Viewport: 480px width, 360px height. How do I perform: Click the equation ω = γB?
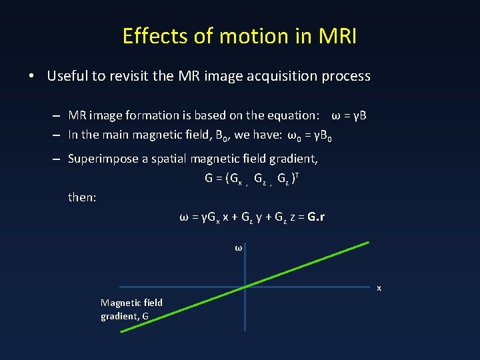[x=349, y=116]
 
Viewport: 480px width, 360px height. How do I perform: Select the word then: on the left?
[x=83, y=197]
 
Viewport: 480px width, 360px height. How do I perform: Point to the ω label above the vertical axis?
[x=238, y=248]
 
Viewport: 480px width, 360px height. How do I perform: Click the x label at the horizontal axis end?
[x=379, y=288]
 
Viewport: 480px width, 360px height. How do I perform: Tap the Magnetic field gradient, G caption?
[x=131, y=309]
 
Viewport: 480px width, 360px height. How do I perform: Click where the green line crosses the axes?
[x=245, y=287]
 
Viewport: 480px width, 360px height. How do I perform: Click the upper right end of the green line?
[x=367, y=243]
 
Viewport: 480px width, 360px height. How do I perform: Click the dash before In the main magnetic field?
[x=58, y=135]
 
